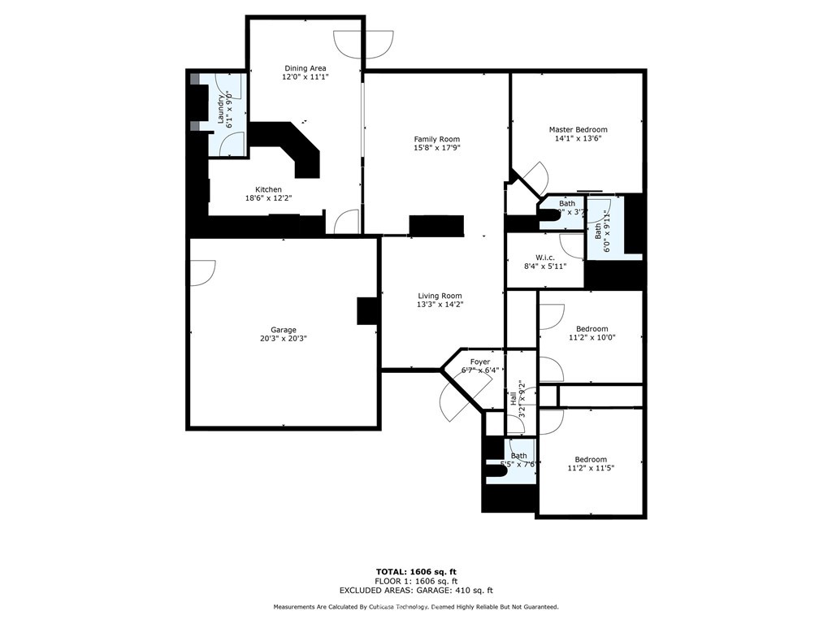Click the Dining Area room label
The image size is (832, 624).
pyautogui.click(x=305, y=68)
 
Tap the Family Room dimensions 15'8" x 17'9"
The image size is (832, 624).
pyautogui.click(x=436, y=148)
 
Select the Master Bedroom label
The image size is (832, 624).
pyautogui.click(x=578, y=129)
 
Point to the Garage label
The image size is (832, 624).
pyautogui.click(x=284, y=330)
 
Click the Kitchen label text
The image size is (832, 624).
pyautogui.click(x=268, y=189)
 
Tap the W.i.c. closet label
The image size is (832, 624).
pyautogui.click(x=544, y=258)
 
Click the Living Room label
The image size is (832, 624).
pyautogui.click(x=440, y=296)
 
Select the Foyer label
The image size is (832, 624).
pyautogui.click(x=480, y=362)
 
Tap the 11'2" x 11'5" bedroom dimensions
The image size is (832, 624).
pyautogui.click(x=591, y=468)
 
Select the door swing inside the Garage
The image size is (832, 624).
pyautogui.click(x=202, y=272)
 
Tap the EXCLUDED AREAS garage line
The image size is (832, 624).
pyautogui.click(x=416, y=591)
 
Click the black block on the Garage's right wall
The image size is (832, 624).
pyautogui.click(x=368, y=311)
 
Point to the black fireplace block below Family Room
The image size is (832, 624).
pyautogui.click(x=436, y=225)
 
